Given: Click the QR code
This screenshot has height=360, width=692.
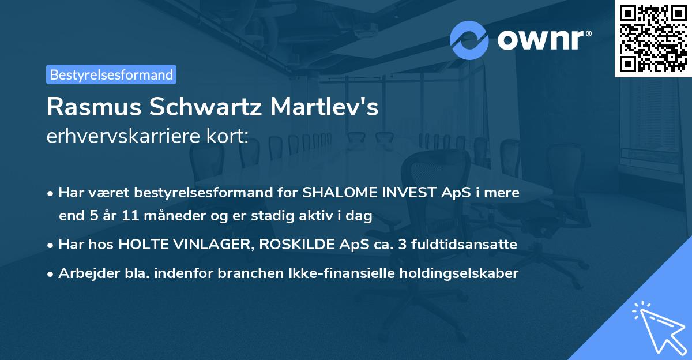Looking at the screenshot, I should [x=653, y=38].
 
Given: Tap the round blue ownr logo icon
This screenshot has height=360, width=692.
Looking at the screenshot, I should [x=469, y=40].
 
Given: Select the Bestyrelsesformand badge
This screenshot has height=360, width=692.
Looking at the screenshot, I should [x=111, y=74].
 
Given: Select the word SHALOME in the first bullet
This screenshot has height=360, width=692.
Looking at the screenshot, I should [x=334, y=193].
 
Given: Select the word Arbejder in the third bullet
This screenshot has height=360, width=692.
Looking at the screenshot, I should [x=83, y=273].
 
